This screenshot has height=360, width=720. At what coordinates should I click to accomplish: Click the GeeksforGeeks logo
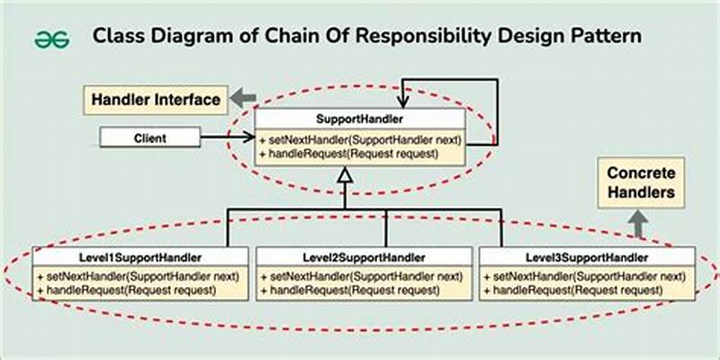pos(52,40)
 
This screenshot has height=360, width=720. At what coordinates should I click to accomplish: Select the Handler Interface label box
pos(154,100)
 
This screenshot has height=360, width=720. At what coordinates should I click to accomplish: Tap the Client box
pos(149,139)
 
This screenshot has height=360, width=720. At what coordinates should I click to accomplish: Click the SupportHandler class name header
pos(359,119)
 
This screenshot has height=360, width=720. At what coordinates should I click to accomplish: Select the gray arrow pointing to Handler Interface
pos(241,96)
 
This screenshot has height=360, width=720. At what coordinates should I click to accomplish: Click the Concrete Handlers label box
pos(643,183)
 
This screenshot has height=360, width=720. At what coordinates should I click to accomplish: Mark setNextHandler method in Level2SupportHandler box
pos(359,275)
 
